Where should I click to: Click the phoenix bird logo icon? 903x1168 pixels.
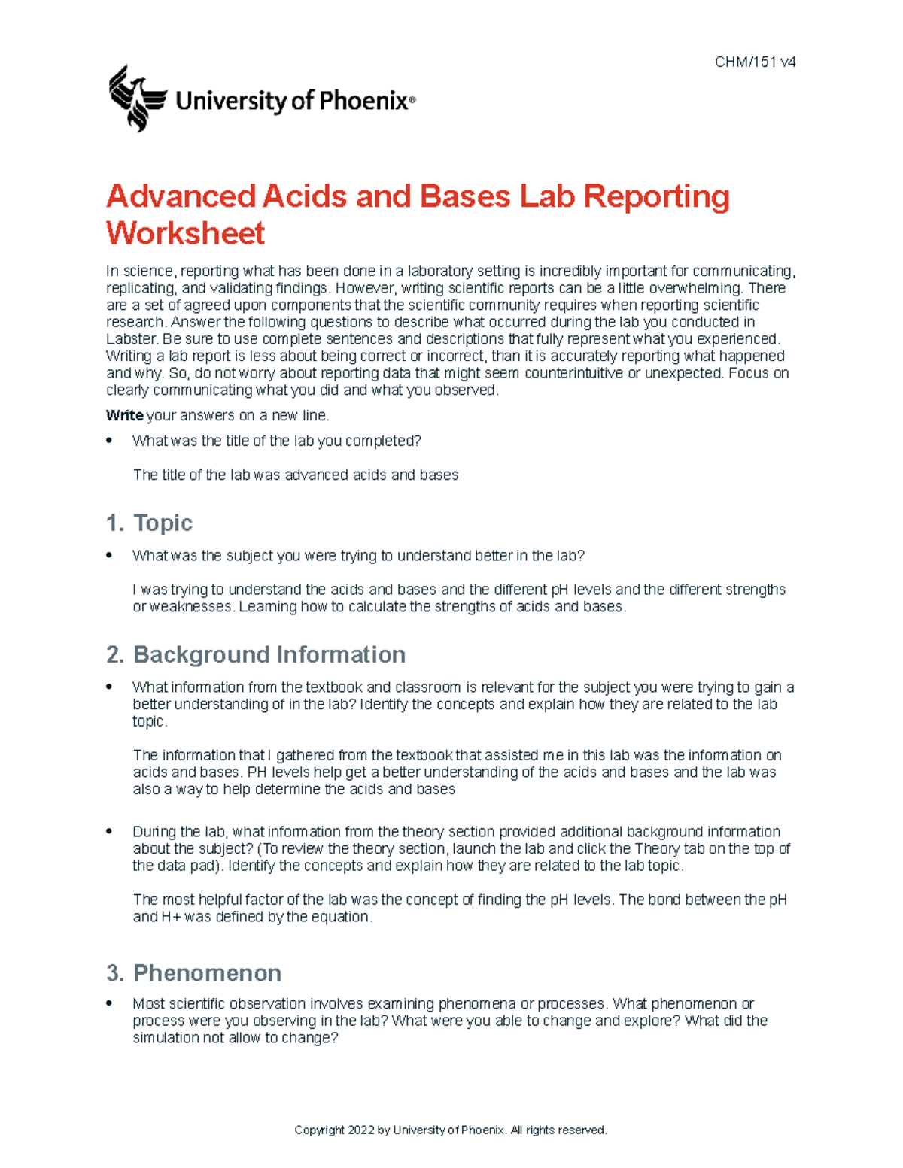[x=137, y=98]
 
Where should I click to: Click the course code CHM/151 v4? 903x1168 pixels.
[x=755, y=62]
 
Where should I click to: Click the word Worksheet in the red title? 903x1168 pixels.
[x=185, y=233]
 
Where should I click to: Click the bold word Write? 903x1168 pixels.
[x=124, y=415]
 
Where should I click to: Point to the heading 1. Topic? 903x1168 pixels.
[x=149, y=523]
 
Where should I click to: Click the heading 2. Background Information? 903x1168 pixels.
[x=256, y=654]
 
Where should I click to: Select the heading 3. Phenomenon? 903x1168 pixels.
[x=194, y=973]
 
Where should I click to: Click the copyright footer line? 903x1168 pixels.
[x=450, y=1130]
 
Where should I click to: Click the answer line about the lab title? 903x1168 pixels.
[x=296, y=475]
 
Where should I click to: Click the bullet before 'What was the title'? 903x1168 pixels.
[x=110, y=441]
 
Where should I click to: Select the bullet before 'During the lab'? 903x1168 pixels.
[x=110, y=831]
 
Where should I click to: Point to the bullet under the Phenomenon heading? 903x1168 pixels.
[x=110, y=1003]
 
